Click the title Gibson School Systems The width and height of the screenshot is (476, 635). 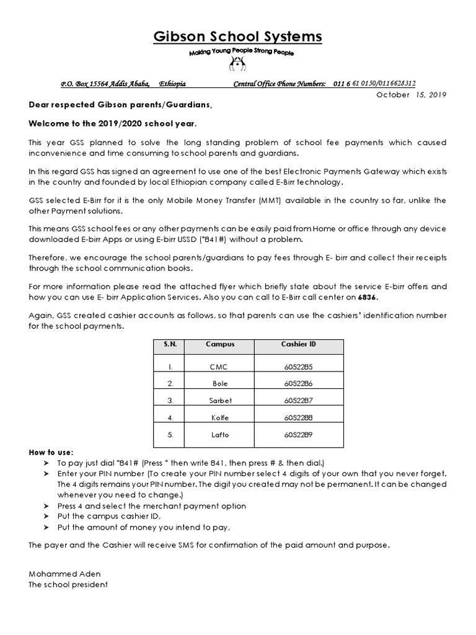click(238, 37)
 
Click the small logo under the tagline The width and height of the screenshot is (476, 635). click(238, 63)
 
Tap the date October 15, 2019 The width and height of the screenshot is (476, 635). click(412, 95)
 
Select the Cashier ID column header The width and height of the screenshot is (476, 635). click(297, 344)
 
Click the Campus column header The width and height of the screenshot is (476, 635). click(219, 344)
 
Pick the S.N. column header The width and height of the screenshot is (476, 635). click(170, 344)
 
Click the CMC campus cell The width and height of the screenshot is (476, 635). click(219, 367)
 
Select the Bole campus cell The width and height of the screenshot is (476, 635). click(219, 384)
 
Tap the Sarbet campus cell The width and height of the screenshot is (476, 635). click(219, 401)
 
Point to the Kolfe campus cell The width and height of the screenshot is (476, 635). click(219, 417)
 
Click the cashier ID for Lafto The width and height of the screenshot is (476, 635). click(297, 435)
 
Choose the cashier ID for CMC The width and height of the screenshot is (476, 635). click(297, 367)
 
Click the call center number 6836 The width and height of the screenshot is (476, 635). click(366, 298)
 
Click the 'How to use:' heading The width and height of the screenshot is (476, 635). click(51, 452)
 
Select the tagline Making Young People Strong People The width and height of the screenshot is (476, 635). click(241, 53)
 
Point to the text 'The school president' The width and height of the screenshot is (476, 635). click(68, 584)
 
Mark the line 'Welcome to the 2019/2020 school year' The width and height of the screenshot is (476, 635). click(113, 123)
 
